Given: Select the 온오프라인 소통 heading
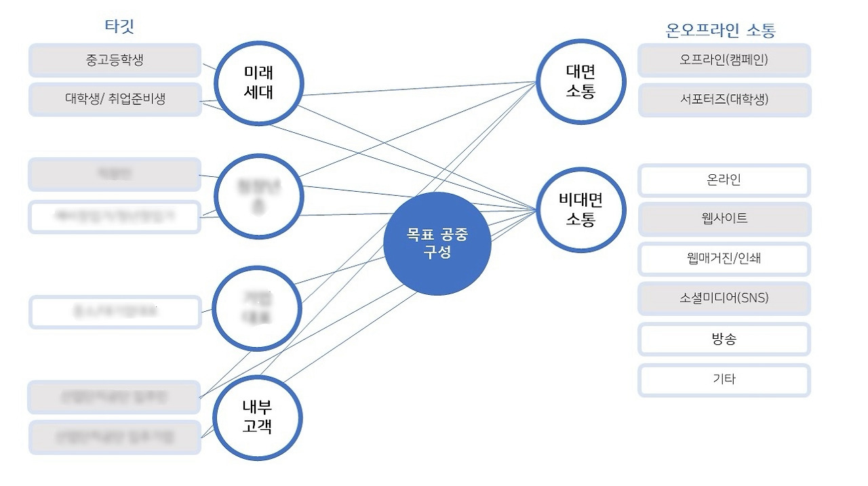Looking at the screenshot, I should tap(721, 30).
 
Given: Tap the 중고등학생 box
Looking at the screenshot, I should tap(115, 60).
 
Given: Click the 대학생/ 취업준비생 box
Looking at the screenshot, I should tap(115, 99).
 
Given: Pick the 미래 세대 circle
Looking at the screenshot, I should tap(258, 83).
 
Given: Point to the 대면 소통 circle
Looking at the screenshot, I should tap(580, 81).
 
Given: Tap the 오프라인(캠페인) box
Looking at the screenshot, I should tap(724, 60).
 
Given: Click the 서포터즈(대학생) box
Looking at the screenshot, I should tap(724, 99).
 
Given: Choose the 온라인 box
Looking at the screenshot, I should tap(724, 180).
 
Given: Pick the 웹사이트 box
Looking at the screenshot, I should tap(724, 219).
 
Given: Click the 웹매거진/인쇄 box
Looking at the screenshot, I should tap(724, 258).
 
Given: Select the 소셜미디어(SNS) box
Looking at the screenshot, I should tap(724, 298).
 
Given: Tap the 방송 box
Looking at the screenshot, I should tap(724, 339).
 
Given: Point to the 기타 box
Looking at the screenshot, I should tap(724, 380).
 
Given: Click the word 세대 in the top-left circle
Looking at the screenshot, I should tap(258, 92).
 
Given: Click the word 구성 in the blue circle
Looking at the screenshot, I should tap(437, 254).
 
